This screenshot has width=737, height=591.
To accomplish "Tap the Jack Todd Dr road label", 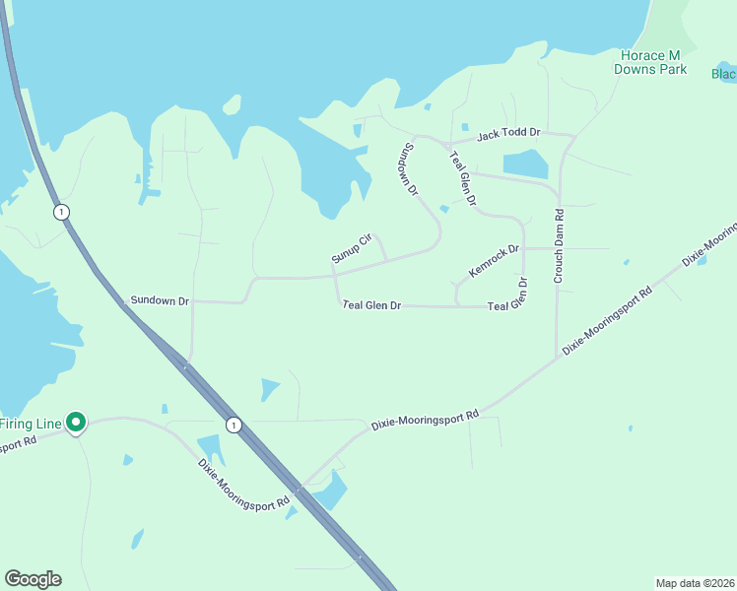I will click(509, 133).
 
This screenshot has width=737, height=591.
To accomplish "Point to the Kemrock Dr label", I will click(494, 261).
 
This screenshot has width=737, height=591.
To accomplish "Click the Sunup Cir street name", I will click(350, 248).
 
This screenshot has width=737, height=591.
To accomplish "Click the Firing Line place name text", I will click(31, 424).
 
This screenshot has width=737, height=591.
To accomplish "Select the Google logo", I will click(33, 579).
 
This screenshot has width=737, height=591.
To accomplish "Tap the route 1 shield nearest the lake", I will click(61, 212).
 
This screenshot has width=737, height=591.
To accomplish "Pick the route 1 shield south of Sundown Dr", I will click(233, 425).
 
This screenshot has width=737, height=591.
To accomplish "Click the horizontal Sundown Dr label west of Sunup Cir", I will click(160, 300).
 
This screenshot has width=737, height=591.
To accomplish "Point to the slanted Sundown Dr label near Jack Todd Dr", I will click(410, 168).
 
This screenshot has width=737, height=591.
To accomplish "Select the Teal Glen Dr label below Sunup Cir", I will click(371, 305).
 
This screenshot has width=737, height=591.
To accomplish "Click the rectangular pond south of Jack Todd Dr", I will click(525, 164).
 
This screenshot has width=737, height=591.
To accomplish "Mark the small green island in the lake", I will click(232, 103).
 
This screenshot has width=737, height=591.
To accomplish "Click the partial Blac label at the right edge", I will click(724, 74).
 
